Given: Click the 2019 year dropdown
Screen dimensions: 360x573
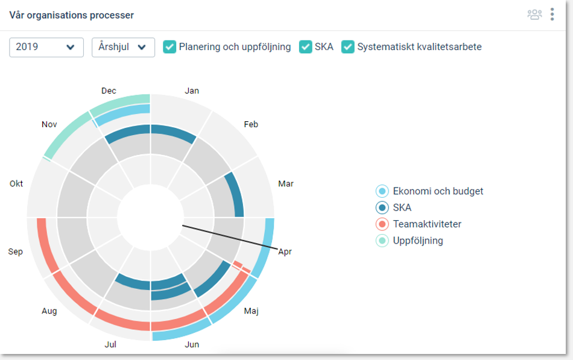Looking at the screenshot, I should tap(46, 47).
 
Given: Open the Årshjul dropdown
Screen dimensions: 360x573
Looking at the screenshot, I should tap(123, 47).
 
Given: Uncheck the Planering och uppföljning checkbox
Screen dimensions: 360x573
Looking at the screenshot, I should tap(169, 47).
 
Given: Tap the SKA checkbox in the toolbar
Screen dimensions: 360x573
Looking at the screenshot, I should tap(306, 47).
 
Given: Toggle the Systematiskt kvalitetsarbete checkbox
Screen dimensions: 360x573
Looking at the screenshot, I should tap(348, 47).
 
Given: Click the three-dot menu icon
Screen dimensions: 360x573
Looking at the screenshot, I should tap(552, 14).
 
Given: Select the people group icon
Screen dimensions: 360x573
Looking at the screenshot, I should tap(534, 14).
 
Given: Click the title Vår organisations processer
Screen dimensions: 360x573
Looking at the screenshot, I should tap(72, 15).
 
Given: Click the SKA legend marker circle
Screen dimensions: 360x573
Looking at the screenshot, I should tap(382, 208).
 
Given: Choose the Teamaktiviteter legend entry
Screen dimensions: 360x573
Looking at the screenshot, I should tap(426, 224).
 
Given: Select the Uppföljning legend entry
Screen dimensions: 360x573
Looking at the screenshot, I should tap(417, 241).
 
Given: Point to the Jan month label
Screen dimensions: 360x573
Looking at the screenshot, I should tap(192, 91).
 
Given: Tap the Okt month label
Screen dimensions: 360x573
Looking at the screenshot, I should tap(16, 183).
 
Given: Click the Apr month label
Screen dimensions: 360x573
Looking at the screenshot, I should tap(285, 251).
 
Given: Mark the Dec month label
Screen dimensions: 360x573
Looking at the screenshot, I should tap(109, 91).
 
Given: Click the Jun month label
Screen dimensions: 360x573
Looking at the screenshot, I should tap(192, 344).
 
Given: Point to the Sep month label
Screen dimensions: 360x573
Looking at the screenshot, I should tap(16, 251).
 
